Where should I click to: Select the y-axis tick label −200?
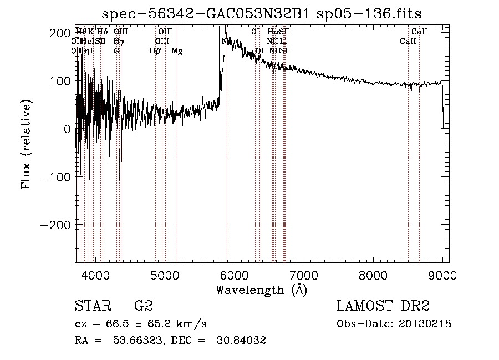click(54, 225)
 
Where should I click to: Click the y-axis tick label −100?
click(54, 177)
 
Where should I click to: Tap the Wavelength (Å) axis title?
click(261, 290)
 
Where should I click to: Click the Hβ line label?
click(155, 51)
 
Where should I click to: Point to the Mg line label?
click(177, 51)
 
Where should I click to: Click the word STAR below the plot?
click(92, 306)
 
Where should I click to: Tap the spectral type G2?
click(143, 306)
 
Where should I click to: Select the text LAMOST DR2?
click(383, 306)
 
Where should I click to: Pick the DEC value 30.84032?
click(243, 341)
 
